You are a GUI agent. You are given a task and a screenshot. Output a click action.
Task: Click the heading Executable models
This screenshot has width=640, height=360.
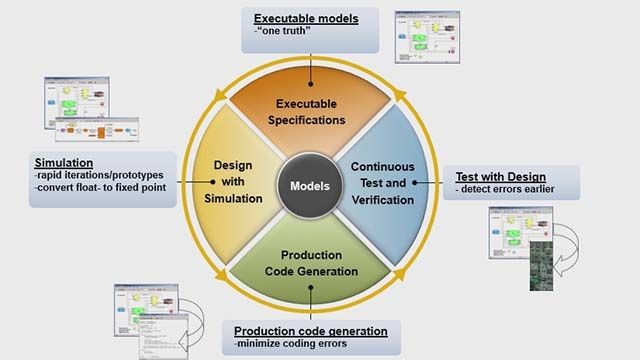(304, 18)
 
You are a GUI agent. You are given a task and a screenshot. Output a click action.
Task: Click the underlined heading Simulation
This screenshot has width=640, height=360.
(63, 162)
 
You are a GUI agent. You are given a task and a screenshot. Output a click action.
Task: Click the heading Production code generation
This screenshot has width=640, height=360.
(310, 330)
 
